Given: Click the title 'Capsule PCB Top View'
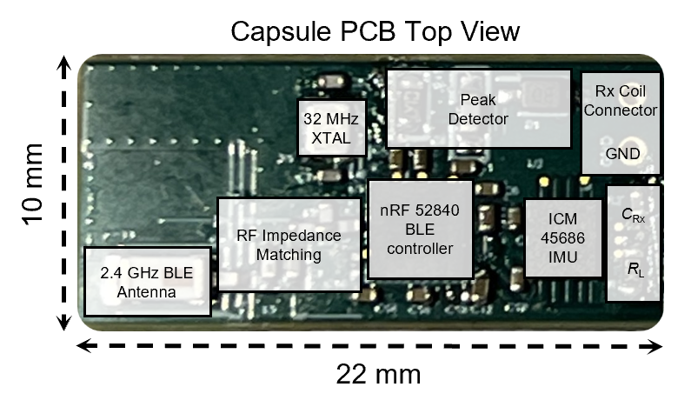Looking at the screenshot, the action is coord(375,32).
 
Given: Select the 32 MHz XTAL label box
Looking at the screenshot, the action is coord(332,129).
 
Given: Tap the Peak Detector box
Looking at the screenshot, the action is coord(479,109).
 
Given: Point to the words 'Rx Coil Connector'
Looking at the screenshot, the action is coord(621,101).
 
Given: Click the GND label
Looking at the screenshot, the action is coord(622,153).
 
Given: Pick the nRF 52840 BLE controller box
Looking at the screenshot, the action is coord(420,230).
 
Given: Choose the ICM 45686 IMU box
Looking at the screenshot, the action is coord(562,238).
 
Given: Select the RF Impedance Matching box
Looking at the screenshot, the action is coord(289,244).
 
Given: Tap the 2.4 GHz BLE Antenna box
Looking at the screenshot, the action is coord(147,282).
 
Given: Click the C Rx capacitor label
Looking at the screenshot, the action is coord(633,215).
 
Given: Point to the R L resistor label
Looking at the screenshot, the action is coord(635,269).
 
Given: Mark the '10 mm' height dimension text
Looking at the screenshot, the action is coord(34,183).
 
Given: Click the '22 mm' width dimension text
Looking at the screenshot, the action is coord(378,374).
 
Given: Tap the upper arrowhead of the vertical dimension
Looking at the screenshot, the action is coord(64,62).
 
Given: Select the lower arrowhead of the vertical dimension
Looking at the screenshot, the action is coord(64,323).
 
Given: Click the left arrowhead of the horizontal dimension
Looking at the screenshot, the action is coord(84,345).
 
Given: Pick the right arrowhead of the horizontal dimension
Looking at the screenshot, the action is coord(655,346).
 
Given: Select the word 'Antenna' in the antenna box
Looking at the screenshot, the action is coord(146,292).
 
